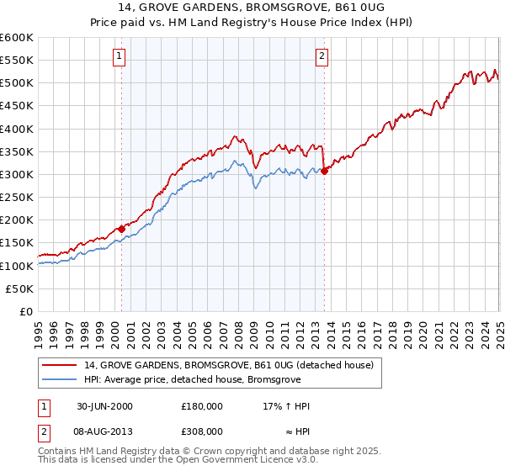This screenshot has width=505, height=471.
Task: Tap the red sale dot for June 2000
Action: (x=121, y=228)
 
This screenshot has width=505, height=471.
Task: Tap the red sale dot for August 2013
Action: (x=324, y=171)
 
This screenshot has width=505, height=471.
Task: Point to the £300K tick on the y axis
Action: (x=17, y=175)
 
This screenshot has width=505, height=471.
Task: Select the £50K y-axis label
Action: (x=20, y=288)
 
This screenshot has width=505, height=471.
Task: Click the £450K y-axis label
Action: (x=17, y=106)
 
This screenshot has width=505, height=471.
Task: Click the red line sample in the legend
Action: (x=59, y=365)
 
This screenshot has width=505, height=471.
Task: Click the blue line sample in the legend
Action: (x=59, y=378)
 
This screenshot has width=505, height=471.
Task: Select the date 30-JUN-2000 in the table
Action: (x=104, y=406)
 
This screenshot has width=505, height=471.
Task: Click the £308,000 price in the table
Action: (x=202, y=431)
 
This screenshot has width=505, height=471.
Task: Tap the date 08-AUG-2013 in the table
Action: (x=104, y=431)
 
